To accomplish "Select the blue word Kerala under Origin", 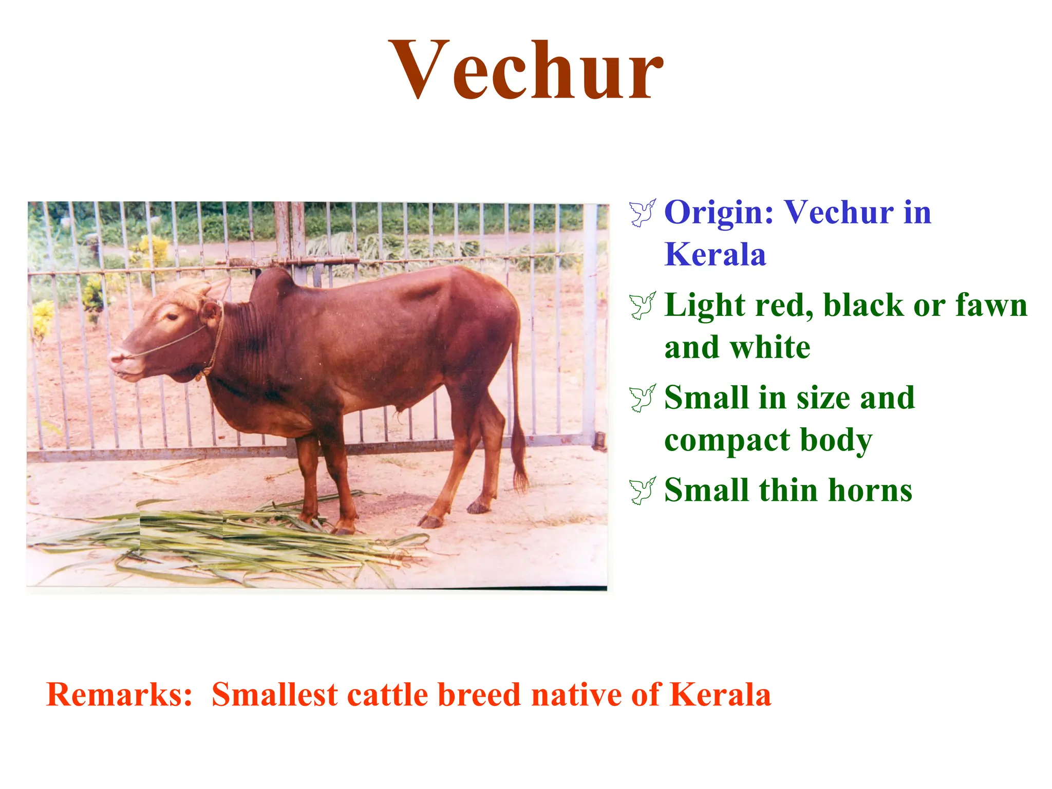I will coord(715,254).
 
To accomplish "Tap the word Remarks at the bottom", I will coord(119,694).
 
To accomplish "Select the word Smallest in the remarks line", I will coord(275,694).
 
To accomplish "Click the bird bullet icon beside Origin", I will coord(642,212).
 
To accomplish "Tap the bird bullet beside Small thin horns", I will coord(642,490).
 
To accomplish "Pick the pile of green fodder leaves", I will coord(231,539).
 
